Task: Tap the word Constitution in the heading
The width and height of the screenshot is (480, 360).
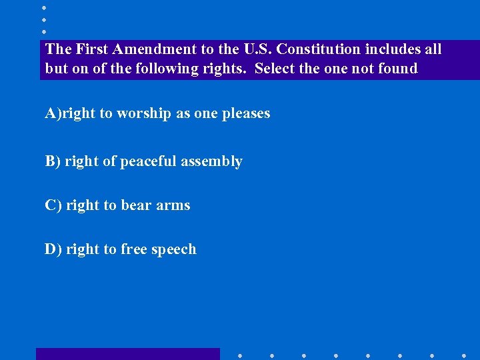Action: pos(317,49)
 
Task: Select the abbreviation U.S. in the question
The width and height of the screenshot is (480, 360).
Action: pos(256,49)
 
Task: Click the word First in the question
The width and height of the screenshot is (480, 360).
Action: pos(91,49)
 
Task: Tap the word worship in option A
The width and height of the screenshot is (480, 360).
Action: pos(144,113)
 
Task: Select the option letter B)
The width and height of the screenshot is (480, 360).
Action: pos(52,161)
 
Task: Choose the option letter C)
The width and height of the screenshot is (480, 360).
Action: pos(53,205)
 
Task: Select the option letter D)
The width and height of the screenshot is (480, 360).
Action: pos(53,249)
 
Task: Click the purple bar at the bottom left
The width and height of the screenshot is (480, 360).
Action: pos(127,354)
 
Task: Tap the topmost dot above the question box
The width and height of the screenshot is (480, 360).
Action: pos(43,8)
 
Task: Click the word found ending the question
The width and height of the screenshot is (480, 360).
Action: pos(399,69)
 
